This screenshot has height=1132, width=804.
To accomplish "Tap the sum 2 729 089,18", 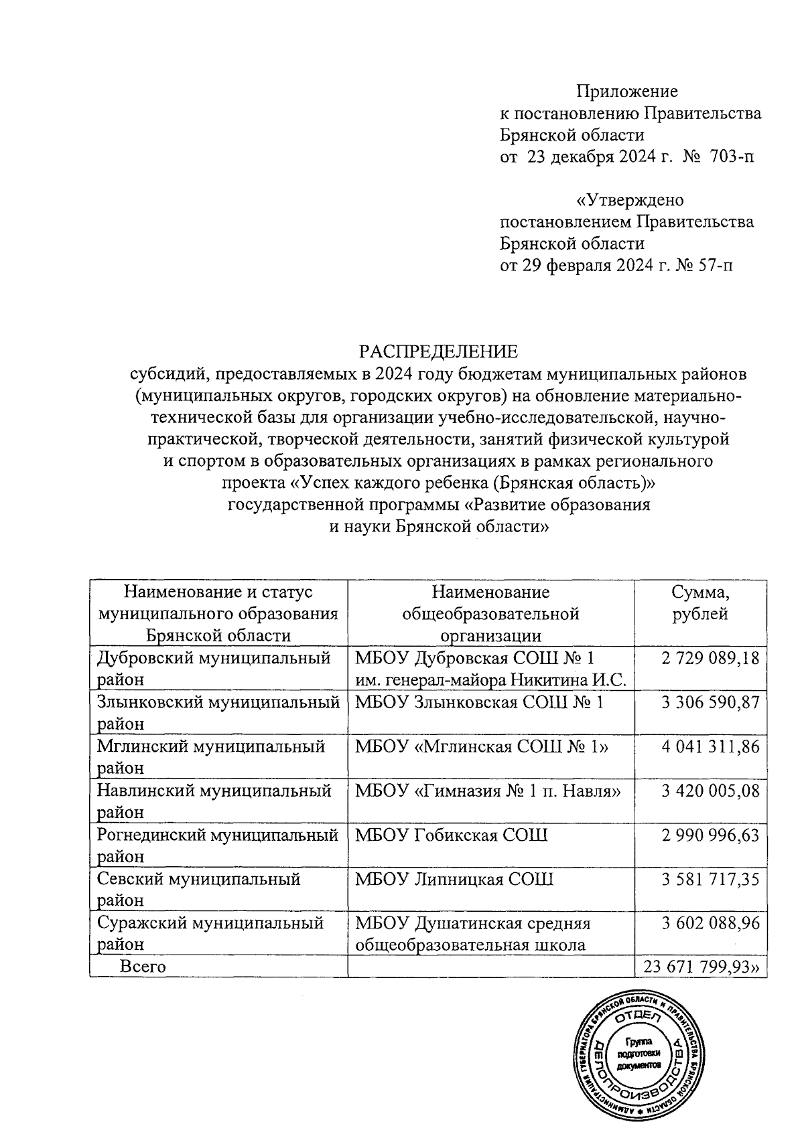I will click(x=710, y=658).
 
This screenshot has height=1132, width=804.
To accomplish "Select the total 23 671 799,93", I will click(x=703, y=967).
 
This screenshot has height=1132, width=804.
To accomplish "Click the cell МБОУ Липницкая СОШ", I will click(x=454, y=879).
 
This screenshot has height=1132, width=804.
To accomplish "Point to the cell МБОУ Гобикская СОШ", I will click(x=451, y=835).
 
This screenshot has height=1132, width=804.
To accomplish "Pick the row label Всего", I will click(x=143, y=967).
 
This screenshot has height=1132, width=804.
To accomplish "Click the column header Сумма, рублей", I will click(x=700, y=603).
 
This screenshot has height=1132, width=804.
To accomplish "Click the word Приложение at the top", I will click(x=628, y=91).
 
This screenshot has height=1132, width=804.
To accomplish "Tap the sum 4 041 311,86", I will click(x=710, y=746).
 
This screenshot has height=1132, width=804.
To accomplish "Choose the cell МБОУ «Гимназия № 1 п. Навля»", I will click(x=488, y=791).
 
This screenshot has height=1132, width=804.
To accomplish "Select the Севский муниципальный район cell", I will click(x=198, y=889).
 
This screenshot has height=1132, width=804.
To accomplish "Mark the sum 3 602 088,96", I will click(x=710, y=923).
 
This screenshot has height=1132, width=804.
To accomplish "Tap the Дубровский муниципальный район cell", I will click(x=214, y=668).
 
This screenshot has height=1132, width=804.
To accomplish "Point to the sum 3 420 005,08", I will click(x=710, y=791).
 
